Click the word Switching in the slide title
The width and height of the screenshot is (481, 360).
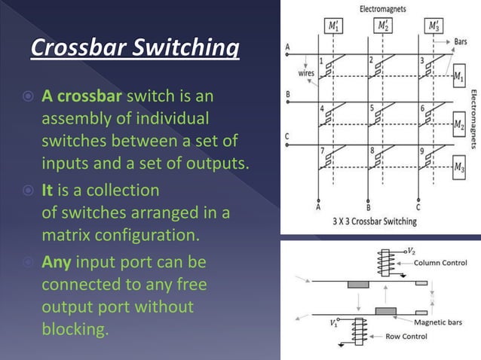190,50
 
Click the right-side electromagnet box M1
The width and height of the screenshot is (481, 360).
459,76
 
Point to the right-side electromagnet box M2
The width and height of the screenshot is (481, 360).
459,122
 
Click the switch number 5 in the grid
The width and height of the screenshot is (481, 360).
372,108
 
